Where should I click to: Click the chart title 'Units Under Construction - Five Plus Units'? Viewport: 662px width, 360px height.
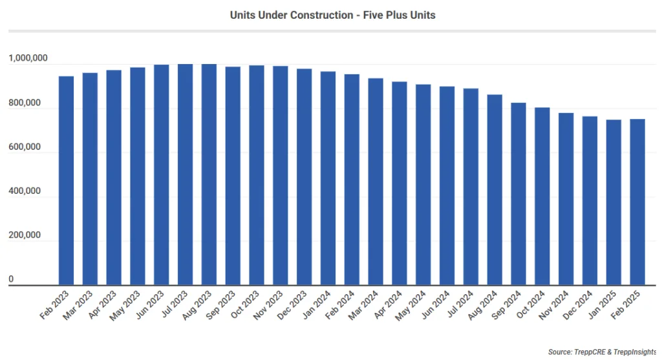coord(332,14)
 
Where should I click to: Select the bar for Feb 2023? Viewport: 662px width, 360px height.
coord(66,180)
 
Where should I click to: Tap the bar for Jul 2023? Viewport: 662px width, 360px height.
coord(185,175)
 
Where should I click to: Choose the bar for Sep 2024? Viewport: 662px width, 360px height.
coord(518,194)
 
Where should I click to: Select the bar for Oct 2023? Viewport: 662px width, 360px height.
coord(257,175)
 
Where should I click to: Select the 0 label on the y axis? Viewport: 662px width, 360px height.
coord(11,280)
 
